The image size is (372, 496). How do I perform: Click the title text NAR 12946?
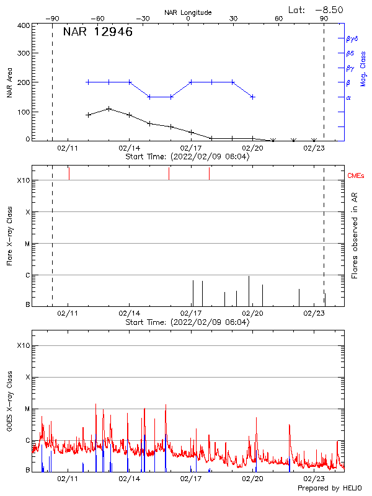coord(97,32)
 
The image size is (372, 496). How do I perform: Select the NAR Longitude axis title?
coord(188,12)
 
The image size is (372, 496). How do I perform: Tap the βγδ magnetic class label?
coord(352,38)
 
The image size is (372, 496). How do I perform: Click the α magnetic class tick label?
coord(348,97)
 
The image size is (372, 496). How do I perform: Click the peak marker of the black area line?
coord(108,108)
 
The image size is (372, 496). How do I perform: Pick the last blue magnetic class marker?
coord(252,97)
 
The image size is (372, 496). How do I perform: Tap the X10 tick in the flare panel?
coord(24,180)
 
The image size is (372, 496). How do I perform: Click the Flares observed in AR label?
coord(355,236)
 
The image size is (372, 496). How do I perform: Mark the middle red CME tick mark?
coord(169,174)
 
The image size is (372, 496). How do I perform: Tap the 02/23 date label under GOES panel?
coord(314,479)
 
